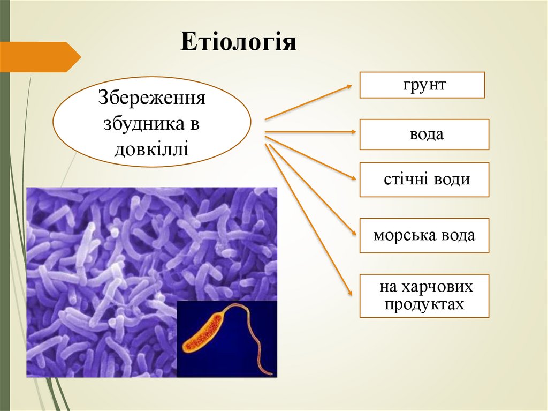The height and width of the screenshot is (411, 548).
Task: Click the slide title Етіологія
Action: [238, 42]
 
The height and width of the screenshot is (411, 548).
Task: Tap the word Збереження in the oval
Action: [152, 99]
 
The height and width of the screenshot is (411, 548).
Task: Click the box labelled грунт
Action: [422, 85]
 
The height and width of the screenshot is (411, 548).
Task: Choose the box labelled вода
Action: [424, 134]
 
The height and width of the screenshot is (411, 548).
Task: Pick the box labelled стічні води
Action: [424, 180]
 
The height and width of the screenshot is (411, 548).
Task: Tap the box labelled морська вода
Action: [424, 236]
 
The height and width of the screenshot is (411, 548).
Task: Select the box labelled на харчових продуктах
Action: [424, 296]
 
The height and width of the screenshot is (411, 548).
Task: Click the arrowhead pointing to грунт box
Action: [349, 86]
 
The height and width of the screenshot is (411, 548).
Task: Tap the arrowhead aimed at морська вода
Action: [353, 233]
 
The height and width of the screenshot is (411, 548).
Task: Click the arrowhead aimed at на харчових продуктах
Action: [351, 292]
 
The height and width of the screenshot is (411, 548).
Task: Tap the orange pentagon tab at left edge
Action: [40, 57]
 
